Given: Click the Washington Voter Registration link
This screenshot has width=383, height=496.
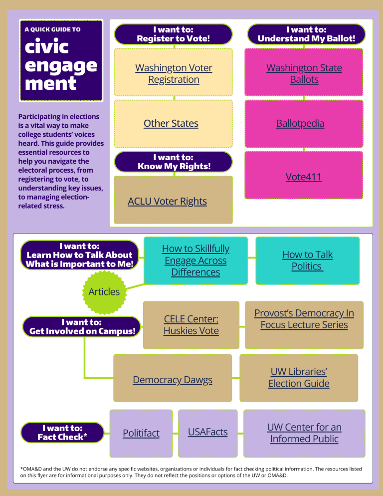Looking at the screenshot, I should [174, 73].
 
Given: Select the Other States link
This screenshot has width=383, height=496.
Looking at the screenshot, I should [171, 123].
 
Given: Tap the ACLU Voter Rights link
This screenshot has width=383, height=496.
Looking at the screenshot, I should [167, 201].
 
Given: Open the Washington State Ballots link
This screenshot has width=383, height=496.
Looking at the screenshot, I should [304, 73].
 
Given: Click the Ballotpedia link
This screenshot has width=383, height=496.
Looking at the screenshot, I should [300, 123].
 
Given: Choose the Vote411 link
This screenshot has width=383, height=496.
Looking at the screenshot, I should [303, 177].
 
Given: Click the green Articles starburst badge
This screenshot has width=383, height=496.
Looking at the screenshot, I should [104, 291].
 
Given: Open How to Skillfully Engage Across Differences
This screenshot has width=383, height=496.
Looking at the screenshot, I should [195, 260].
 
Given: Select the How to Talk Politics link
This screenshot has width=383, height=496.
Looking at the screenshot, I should [307, 260].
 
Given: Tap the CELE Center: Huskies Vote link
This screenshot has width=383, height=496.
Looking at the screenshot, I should [191, 324].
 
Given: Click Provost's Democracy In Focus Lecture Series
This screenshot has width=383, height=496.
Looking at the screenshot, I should [304, 319].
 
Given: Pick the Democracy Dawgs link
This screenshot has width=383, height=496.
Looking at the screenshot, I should [172, 380].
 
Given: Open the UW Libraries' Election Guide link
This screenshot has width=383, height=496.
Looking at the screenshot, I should [299, 377].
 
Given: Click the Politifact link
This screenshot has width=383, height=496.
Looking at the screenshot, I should [141, 433].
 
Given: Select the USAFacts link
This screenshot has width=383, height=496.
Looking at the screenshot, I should [207, 432].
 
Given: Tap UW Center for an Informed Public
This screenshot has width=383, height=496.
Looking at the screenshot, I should [304, 433].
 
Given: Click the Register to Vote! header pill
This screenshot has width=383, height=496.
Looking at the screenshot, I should [174, 34].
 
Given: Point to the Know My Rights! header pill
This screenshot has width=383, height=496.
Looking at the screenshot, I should [174, 161].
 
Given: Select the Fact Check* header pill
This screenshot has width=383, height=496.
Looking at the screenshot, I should [62, 432].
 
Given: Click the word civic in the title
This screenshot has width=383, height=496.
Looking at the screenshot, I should [46, 47].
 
